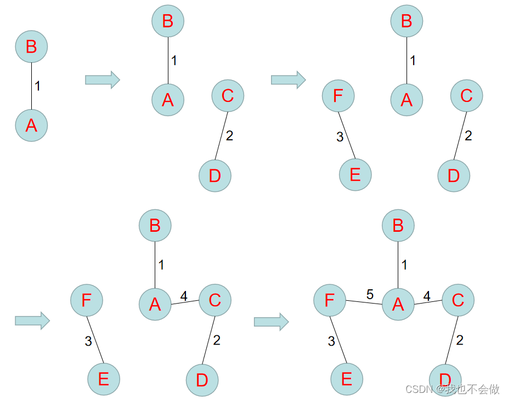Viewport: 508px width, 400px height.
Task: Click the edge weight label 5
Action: click(x=370, y=295)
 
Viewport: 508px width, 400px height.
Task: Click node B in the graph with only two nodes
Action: click(x=31, y=47)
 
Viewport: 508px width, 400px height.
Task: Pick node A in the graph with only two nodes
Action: click(x=31, y=125)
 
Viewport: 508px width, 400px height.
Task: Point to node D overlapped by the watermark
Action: click(x=445, y=379)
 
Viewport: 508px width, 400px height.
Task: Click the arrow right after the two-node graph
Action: click(x=102, y=79)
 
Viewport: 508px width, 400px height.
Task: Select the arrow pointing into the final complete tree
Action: click(x=271, y=321)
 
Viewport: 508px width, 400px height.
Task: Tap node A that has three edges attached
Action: click(x=398, y=304)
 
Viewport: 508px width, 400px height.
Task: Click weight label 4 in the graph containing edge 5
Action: click(x=426, y=296)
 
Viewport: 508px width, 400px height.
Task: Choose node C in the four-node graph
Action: click(x=228, y=96)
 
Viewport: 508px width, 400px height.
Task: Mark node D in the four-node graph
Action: click(x=215, y=175)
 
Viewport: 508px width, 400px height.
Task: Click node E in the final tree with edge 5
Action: click(x=347, y=379)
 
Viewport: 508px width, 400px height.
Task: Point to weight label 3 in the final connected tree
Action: click(x=331, y=341)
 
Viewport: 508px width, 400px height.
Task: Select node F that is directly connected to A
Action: click(x=329, y=300)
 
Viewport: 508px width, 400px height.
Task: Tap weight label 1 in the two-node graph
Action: click(x=37, y=86)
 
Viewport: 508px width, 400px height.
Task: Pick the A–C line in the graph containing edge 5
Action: click(x=427, y=302)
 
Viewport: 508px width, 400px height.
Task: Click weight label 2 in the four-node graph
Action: click(x=229, y=135)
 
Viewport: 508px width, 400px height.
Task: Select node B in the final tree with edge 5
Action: click(x=398, y=225)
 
